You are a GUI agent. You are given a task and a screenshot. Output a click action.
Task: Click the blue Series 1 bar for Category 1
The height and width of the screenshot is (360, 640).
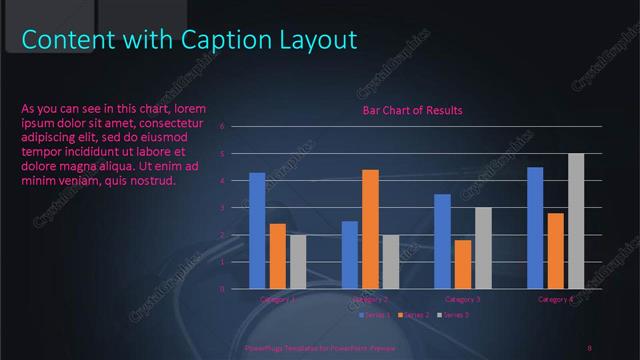(257, 230)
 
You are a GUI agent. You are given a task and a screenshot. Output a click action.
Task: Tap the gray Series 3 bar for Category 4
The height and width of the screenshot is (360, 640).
(576, 221)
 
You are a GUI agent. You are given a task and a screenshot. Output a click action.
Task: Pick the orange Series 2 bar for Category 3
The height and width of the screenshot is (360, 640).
(463, 264)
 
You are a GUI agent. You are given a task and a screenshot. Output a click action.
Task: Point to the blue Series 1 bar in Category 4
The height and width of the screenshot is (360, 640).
(535, 228)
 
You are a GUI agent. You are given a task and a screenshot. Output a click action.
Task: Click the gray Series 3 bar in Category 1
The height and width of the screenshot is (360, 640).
(298, 262)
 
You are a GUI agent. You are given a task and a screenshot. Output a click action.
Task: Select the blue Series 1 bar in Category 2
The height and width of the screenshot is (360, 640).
(350, 254)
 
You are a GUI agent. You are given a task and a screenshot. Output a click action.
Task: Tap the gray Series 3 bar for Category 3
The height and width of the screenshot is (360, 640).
(483, 248)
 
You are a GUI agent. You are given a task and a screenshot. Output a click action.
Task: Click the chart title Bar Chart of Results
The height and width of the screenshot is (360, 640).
(412, 110)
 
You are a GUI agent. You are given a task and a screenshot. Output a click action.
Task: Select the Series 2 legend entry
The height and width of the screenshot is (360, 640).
(415, 315)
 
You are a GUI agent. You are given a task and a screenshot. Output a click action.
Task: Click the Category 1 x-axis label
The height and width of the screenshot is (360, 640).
(278, 299)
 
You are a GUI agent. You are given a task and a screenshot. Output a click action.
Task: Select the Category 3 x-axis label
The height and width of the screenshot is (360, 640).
(463, 299)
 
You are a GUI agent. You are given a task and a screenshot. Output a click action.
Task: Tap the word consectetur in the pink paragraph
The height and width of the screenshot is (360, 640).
(182, 122)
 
